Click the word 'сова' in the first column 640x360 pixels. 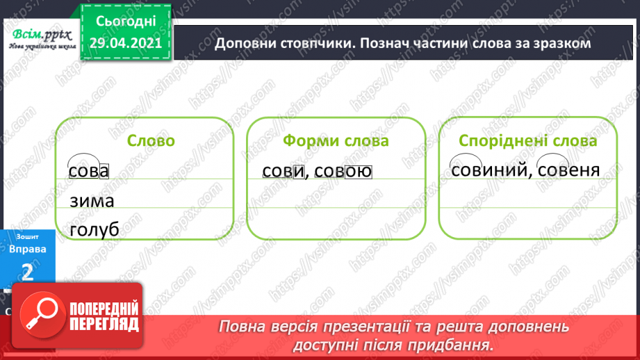(x=88, y=171)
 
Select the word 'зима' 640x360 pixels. (x=92, y=201)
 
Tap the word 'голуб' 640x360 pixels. (x=95, y=230)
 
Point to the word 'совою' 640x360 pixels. (x=343, y=171)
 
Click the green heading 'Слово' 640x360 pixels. (x=151, y=141)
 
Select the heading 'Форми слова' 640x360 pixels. (x=336, y=141)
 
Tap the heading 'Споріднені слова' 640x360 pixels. (x=527, y=141)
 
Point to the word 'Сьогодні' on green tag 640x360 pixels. (x=126, y=22)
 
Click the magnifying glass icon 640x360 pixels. (x=42, y=314)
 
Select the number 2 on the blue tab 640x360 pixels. (x=27, y=272)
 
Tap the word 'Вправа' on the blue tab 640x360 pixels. (x=27, y=249)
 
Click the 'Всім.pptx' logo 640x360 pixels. (x=42, y=38)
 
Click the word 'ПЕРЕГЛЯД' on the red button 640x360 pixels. (x=104, y=325)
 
